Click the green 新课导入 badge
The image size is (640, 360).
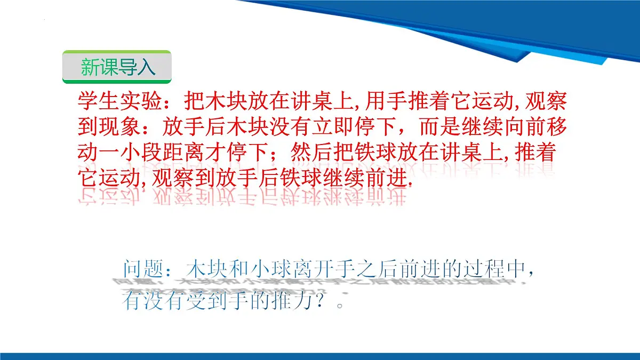[117, 67]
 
